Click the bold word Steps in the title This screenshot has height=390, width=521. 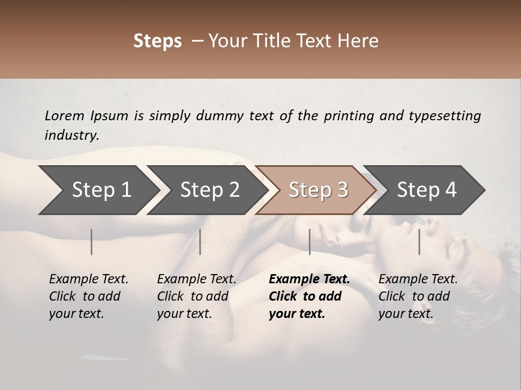tap(157, 41)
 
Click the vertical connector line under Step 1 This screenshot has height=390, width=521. tap(92, 242)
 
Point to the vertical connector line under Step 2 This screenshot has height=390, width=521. tap(200, 242)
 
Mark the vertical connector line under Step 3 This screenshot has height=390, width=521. tap(309, 242)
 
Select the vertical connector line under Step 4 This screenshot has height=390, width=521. tap(419, 242)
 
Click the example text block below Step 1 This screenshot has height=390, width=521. tap(88, 296)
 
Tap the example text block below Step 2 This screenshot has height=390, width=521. tap(196, 296)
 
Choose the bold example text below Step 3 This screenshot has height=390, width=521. tap(309, 296)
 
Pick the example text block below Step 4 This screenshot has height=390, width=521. tap(418, 296)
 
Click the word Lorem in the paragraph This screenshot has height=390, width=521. tap(65, 115)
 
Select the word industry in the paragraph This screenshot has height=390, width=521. tap(71, 135)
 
